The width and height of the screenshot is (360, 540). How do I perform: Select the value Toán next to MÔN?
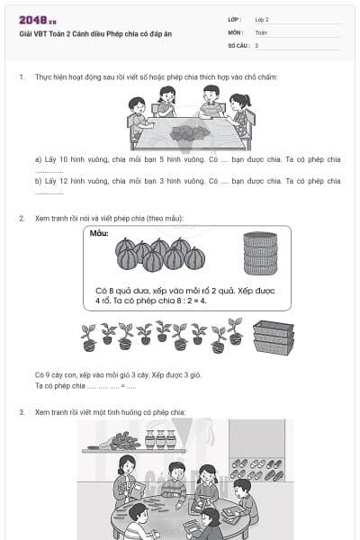(x=261, y=31)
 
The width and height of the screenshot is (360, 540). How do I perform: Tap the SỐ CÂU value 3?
(x=256, y=45)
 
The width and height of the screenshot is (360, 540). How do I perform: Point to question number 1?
(x=22, y=77)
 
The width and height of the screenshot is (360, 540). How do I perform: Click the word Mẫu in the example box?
(x=99, y=233)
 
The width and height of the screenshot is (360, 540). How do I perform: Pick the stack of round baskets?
(x=260, y=253)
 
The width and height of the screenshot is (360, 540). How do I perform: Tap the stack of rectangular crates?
(x=273, y=337)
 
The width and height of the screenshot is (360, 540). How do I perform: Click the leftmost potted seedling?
(x=88, y=337)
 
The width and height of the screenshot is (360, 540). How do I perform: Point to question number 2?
(x=22, y=219)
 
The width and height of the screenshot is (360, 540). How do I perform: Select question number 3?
(x=22, y=412)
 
